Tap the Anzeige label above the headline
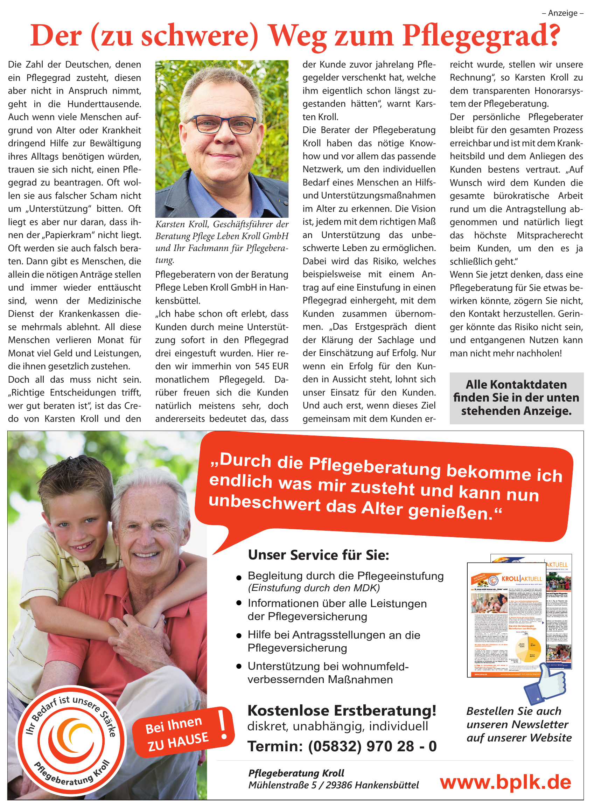[563, 13]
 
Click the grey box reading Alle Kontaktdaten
[516, 398]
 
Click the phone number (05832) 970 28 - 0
[372, 746]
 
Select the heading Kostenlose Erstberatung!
[342, 711]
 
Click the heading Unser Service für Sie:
[319, 555]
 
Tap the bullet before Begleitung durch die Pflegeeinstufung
[239, 578]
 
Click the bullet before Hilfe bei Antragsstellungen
[239, 636]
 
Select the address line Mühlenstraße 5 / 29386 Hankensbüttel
[333, 785]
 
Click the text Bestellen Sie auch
[513, 711]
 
